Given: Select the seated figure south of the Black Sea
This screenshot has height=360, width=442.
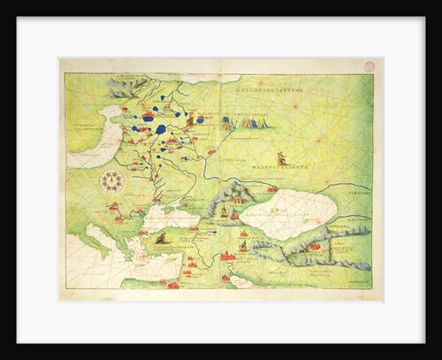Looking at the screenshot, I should (160, 239).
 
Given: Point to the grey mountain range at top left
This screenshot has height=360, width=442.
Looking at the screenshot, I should (124, 88).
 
